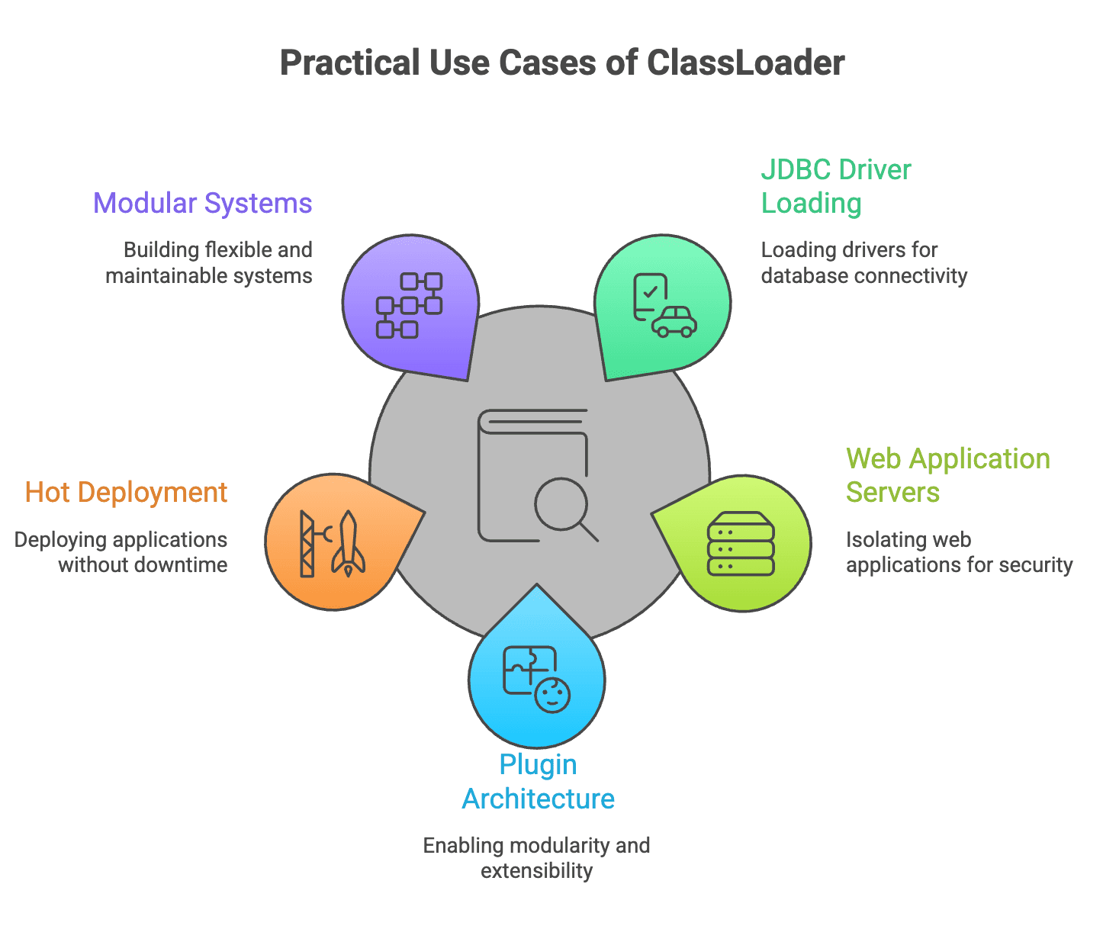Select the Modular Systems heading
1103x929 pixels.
202,204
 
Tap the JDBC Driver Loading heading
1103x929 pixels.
835,186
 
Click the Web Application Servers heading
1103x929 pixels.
947,475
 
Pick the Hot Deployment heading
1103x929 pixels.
126,493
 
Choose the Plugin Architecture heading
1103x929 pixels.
538,782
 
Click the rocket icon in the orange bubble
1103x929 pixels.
348,543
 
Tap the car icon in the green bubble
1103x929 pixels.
674,322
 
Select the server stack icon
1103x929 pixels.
741,543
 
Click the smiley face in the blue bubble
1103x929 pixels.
552,695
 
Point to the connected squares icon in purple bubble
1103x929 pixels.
409,305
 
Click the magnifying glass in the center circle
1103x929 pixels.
563,505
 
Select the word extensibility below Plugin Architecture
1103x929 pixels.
536,871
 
